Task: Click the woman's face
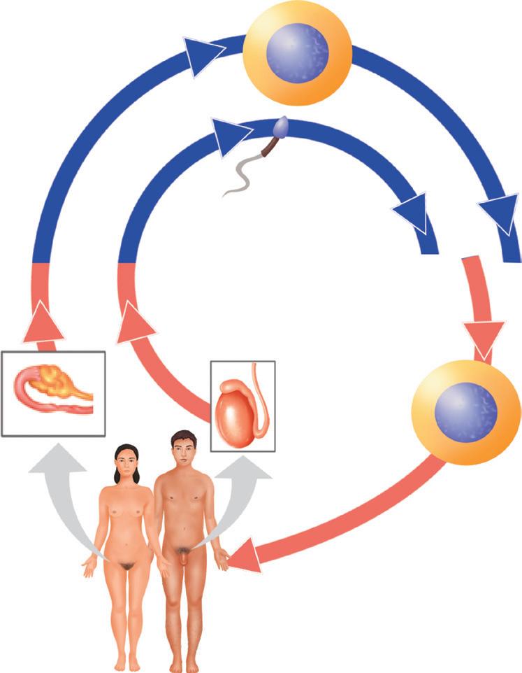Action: tap(124, 462)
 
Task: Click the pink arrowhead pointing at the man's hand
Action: tap(245, 556)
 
